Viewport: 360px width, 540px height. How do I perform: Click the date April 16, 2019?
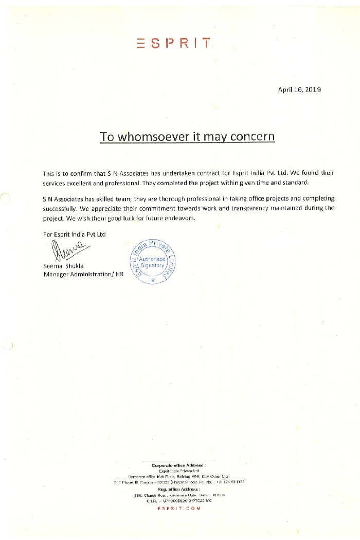pos(299,89)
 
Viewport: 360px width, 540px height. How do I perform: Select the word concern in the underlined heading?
pos(252,137)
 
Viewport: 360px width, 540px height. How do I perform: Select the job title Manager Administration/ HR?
pos(83,275)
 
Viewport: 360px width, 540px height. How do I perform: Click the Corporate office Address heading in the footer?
pos(178,465)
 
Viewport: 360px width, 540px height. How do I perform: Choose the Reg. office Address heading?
pos(178,489)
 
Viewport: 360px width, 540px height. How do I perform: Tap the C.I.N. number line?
pos(178,500)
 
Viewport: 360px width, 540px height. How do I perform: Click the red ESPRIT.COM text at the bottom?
pos(178,509)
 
